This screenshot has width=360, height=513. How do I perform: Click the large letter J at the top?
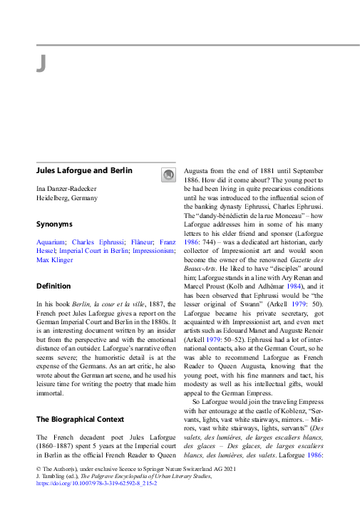coord(41,64)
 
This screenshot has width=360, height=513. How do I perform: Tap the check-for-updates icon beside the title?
coord(168,174)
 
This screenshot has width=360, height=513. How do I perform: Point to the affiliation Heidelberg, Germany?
coord(67,197)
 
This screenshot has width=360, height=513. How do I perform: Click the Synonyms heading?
coord(54,224)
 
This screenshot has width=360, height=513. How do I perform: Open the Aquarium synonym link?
coord(51,242)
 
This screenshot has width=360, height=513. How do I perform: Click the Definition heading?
coord(53,286)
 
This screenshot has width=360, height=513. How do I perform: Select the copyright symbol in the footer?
coord(38,469)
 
